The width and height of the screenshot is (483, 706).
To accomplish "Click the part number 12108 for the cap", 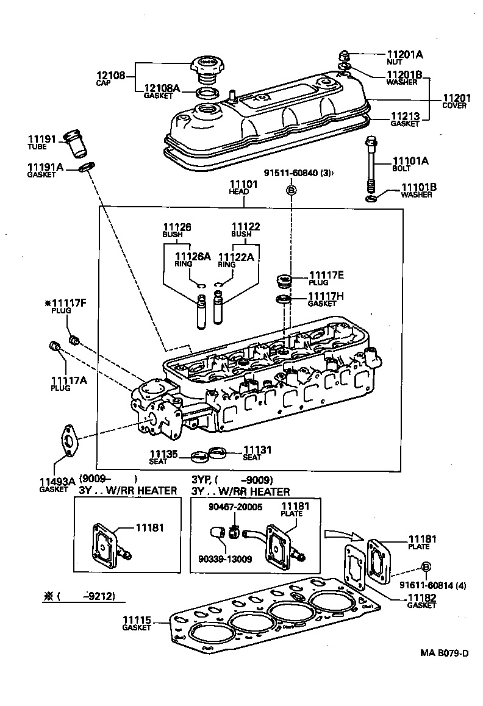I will tap(110, 76).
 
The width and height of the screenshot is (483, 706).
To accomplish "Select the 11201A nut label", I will tap(404, 54).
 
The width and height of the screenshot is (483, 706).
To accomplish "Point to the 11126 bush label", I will tap(177, 227).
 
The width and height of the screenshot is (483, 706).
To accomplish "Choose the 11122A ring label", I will tap(236, 257).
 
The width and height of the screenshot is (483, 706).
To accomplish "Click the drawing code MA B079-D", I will tap(443, 654).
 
